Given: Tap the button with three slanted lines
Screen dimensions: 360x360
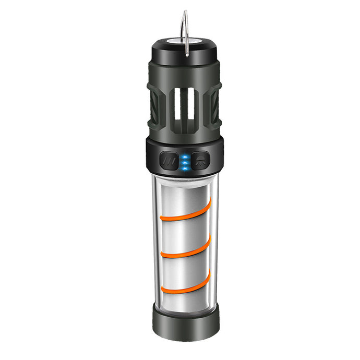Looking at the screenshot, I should click(x=169, y=160).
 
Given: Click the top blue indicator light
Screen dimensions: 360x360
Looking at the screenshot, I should click(x=184, y=157).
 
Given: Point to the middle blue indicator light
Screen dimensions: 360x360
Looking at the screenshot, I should click(x=184, y=162).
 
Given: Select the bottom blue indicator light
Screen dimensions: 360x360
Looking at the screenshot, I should click(x=184, y=167).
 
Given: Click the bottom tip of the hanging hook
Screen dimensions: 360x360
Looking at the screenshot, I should click(x=187, y=54).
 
